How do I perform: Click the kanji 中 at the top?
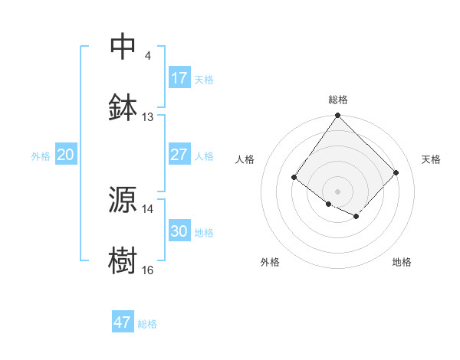(x=123, y=46)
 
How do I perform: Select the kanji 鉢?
(x=123, y=106)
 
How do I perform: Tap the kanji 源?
(x=123, y=199)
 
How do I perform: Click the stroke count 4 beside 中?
(x=148, y=56)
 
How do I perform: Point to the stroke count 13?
(x=148, y=117)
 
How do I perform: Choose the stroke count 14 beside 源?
(x=148, y=208)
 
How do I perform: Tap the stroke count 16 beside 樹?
(x=148, y=270)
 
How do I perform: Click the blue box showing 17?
(x=179, y=78)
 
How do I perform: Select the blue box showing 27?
(x=179, y=155)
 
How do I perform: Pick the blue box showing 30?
(x=179, y=231)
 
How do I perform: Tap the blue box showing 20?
(x=65, y=155)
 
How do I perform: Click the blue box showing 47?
(x=123, y=322)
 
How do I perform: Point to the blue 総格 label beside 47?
(x=147, y=324)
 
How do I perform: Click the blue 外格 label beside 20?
(x=40, y=155)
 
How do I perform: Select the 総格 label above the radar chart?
(x=338, y=100)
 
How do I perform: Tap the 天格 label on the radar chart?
(x=431, y=159)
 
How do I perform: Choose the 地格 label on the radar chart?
(x=402, y=262)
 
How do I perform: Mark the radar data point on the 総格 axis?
(x=337, y=116)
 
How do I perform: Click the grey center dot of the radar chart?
(x=337, y=191)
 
